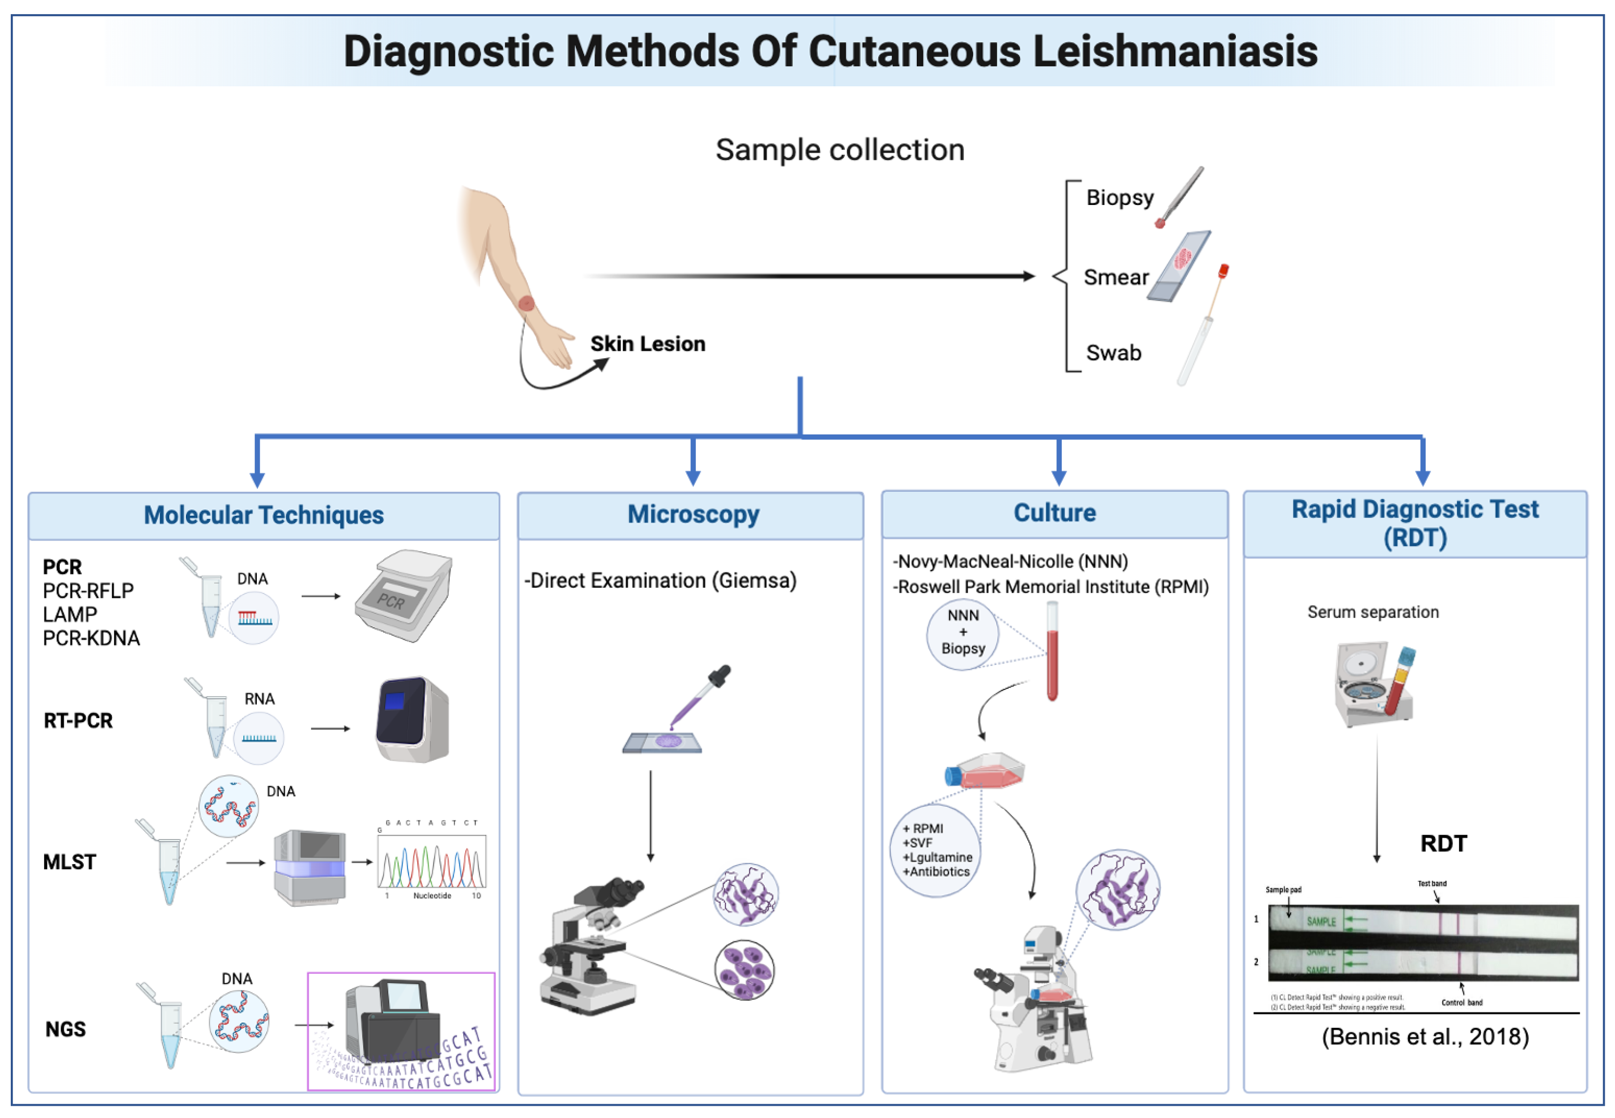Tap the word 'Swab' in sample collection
(1113, 353)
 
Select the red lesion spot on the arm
(526, 303)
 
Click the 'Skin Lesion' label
(647, 344)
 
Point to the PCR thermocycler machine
(405, 595)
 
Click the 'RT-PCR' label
(78, 721)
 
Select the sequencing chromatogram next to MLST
(432, 862)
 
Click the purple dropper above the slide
(700, 697)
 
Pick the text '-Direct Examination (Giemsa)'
(660, 581)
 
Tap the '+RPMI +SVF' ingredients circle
(935, 850)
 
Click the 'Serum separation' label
(1373, 612)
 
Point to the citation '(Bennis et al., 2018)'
(1425, 1037)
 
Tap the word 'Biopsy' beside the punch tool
(1119, 198)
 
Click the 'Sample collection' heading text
(839, 150)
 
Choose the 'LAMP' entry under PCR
(70, 615)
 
